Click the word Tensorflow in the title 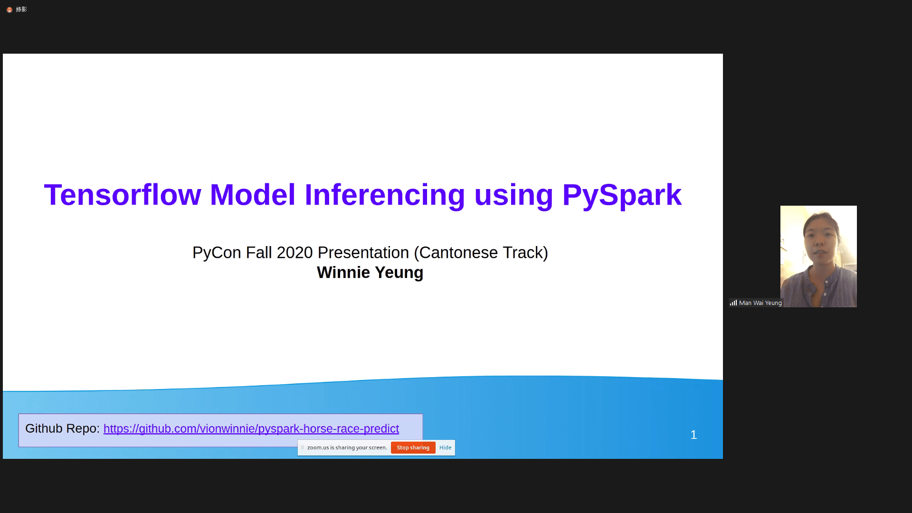123,195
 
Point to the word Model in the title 253,195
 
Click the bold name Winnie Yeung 370,273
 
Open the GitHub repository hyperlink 251,428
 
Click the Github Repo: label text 62,428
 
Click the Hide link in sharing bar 445,447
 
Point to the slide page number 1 693,435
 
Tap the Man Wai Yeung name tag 760,303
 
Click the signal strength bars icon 733,303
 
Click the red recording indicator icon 9,9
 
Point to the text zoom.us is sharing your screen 347,447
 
